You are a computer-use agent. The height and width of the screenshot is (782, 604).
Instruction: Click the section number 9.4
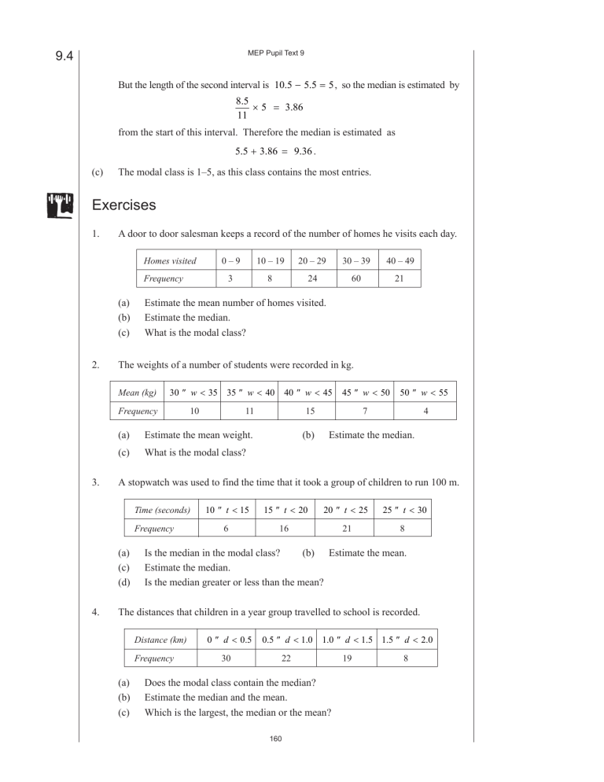63,56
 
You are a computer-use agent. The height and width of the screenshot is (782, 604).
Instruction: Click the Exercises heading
123,205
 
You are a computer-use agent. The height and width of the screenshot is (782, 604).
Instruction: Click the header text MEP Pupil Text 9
276,53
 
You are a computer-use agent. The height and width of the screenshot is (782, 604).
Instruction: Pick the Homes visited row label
170,260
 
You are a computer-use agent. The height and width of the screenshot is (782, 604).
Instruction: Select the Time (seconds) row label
162,510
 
